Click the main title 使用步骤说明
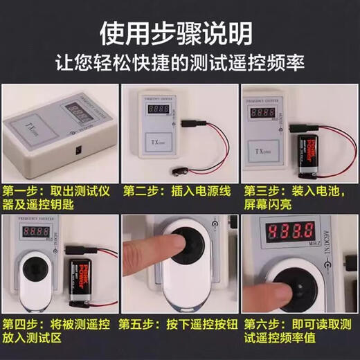179,30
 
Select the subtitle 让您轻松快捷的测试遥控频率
179,62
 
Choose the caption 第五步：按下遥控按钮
175,323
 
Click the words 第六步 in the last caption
260,323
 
